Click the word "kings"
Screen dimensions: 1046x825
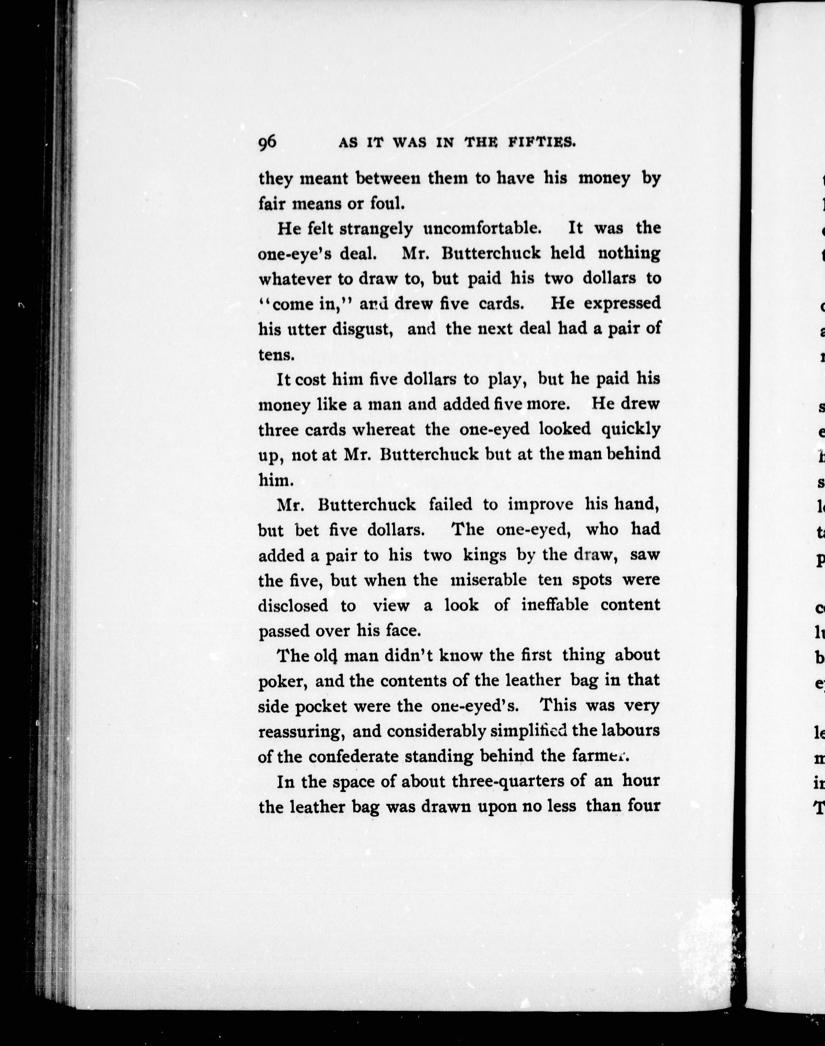(x=484, y=555)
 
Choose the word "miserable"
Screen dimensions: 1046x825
(x=488, y=580)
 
